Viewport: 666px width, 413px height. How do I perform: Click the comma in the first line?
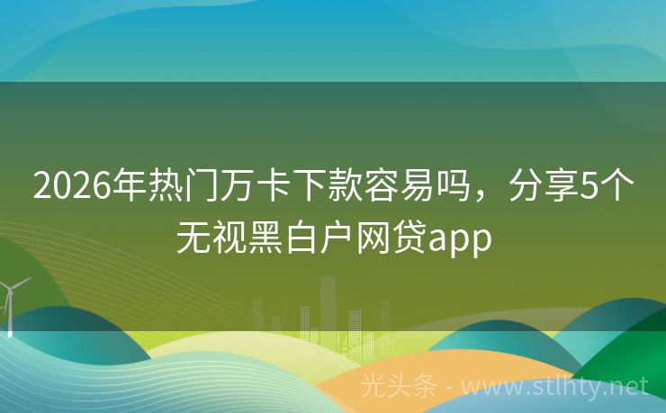(465, 198)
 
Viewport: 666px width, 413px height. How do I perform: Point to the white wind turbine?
(11, 301)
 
